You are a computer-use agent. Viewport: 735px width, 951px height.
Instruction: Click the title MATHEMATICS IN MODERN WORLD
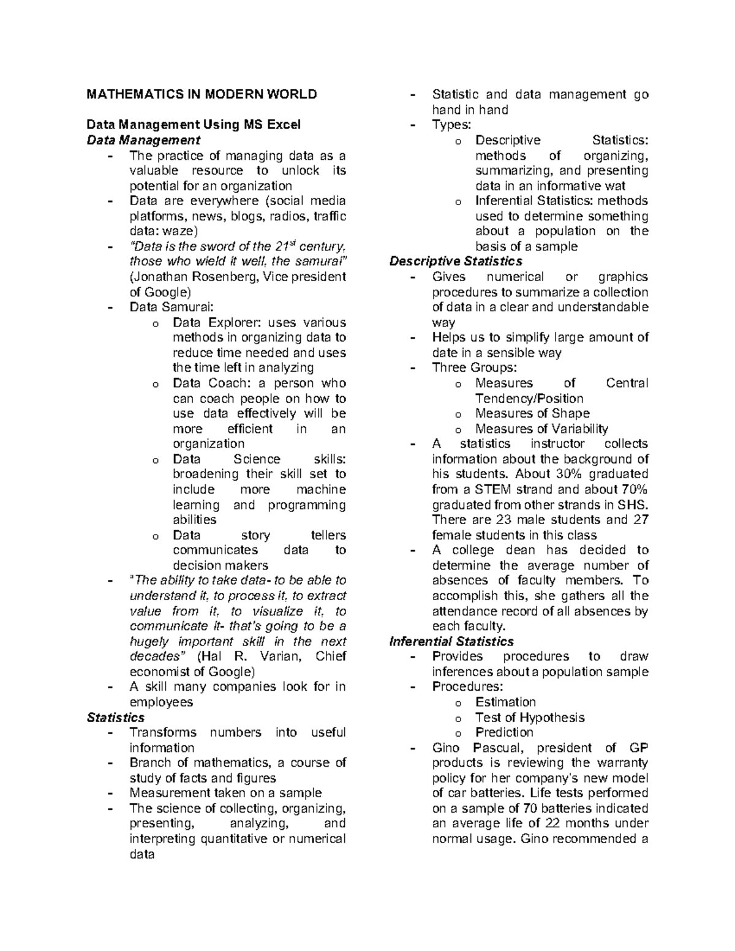coord(202,94)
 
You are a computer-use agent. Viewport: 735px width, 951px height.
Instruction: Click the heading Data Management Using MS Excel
coord(194,125)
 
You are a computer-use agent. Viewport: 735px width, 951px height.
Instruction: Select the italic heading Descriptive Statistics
coord(456,261)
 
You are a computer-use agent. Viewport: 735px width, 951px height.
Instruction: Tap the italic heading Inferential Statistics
coord(451,642)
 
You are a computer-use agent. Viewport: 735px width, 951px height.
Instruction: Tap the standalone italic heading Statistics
coord(116,718)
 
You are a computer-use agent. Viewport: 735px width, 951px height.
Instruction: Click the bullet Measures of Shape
coord(532,414)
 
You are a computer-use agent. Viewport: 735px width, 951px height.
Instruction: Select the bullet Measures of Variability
coord(541,429)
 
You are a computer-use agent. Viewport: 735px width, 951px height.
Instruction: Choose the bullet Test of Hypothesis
coord(530,718)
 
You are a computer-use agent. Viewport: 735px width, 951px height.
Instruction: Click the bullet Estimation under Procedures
coord(505,702)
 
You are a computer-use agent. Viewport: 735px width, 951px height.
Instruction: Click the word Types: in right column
coord(451,125)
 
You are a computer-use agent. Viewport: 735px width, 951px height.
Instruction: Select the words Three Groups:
coord(474,368)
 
